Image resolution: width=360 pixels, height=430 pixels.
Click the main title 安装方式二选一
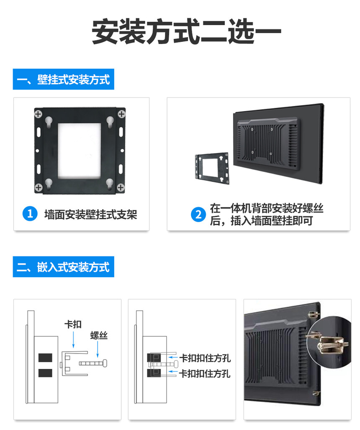tap(186, 31)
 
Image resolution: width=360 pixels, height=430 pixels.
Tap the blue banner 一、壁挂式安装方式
tap(63, 79)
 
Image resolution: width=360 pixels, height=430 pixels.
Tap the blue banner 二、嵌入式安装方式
tap(63, 267)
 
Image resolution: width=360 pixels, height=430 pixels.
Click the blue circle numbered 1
tap(30, 214)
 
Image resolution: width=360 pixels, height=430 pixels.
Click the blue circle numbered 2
tap(198, 215)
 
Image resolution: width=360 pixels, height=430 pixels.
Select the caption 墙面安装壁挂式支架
tap(91, 215)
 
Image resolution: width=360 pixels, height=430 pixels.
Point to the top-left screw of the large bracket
tap(38, 114)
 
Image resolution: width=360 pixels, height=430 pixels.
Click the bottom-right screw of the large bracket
tap(121, 187)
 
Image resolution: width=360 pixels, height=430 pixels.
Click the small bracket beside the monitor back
tap(212, 168)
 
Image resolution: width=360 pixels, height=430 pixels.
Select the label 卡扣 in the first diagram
tap(73, 325)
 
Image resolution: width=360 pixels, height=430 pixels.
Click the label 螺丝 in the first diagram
tap(99, 335)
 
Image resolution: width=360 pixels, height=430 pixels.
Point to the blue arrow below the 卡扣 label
tap(73, 340)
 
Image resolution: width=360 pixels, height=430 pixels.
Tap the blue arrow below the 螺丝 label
tap(98, 349)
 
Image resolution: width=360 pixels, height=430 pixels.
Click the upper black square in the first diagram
tap(45, 358)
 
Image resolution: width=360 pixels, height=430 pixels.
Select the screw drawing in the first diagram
tap(93, 363)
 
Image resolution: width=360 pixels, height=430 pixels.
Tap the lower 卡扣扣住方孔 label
tap(205, 373)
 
